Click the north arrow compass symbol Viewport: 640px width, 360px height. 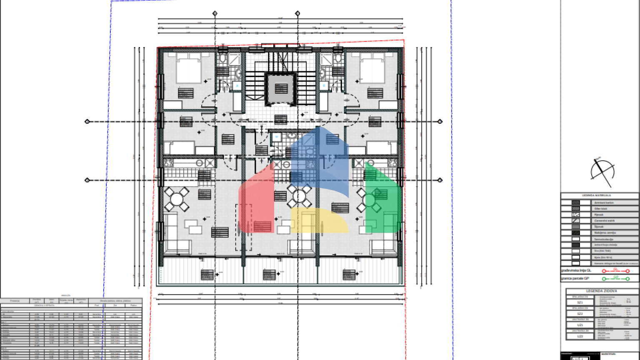pos(602,172)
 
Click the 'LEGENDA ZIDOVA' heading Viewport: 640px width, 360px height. pos(602,291)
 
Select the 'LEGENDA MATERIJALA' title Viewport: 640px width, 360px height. pos(596,195)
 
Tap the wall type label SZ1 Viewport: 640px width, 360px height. pos(580,302)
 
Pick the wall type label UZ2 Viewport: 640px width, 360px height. pos(580,336)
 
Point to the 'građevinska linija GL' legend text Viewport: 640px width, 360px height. pos(576,270)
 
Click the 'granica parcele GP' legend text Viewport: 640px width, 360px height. pos(575,278)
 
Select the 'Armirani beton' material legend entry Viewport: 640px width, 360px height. pos(604,203)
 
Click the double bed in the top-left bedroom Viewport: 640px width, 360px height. pos(189,70)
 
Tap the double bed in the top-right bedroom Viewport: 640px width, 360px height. pos(372,70)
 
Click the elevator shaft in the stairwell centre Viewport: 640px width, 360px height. pos(281,89)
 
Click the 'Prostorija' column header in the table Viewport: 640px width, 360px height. pos(15,300)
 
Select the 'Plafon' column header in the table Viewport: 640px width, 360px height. pos(133,305)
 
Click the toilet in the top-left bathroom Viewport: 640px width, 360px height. pos(222,59)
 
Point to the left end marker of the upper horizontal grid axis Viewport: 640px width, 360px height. pos(87,122)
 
